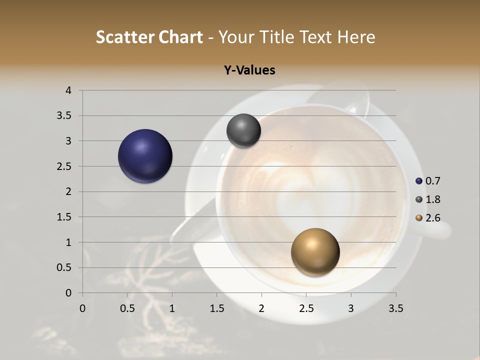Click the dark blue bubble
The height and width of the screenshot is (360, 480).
145,156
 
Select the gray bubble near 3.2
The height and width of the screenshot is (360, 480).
243,131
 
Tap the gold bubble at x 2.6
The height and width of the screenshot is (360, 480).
315,252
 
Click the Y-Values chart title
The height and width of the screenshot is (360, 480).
249,70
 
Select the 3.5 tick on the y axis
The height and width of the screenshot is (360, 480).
65,116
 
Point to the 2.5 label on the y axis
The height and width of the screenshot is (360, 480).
65,166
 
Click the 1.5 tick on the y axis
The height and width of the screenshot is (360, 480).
65,217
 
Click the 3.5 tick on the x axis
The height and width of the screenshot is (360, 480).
395,308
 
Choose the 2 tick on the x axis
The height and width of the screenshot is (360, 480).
261,308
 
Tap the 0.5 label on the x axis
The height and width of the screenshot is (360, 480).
127,308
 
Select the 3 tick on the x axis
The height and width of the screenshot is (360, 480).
351,308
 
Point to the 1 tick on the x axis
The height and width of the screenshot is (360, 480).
172,308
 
